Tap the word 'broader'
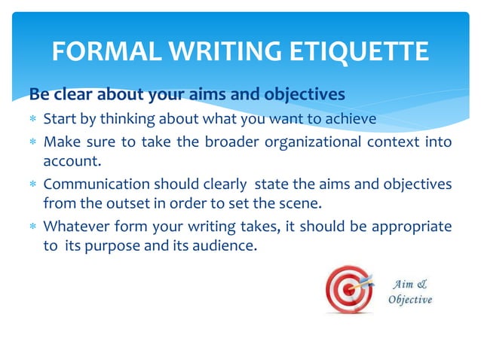220,142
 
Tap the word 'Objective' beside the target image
410,300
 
